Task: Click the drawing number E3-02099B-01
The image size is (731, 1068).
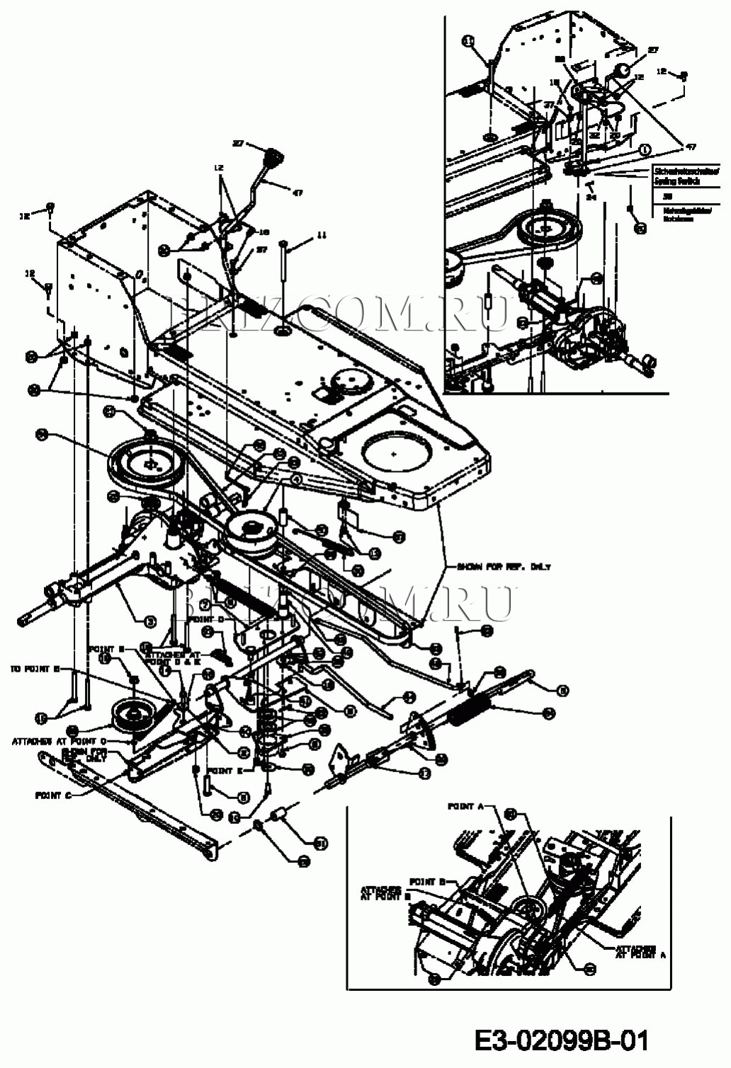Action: (561, 1040)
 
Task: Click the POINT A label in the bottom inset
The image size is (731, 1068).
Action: (465, 806)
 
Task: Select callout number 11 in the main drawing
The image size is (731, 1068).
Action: (322, 234)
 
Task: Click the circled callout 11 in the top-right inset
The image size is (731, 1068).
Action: (468, 42)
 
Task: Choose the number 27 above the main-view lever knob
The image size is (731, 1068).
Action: (238, 144)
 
